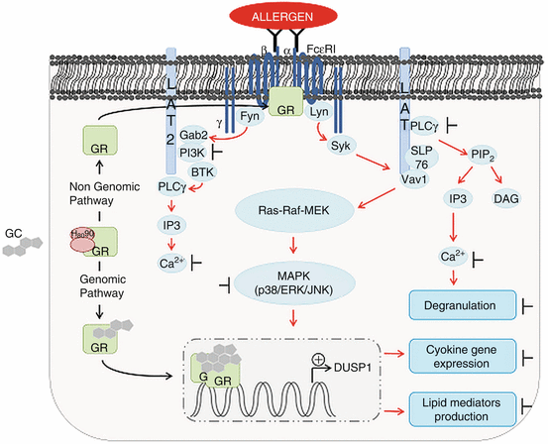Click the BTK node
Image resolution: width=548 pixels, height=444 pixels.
click(203, 172)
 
